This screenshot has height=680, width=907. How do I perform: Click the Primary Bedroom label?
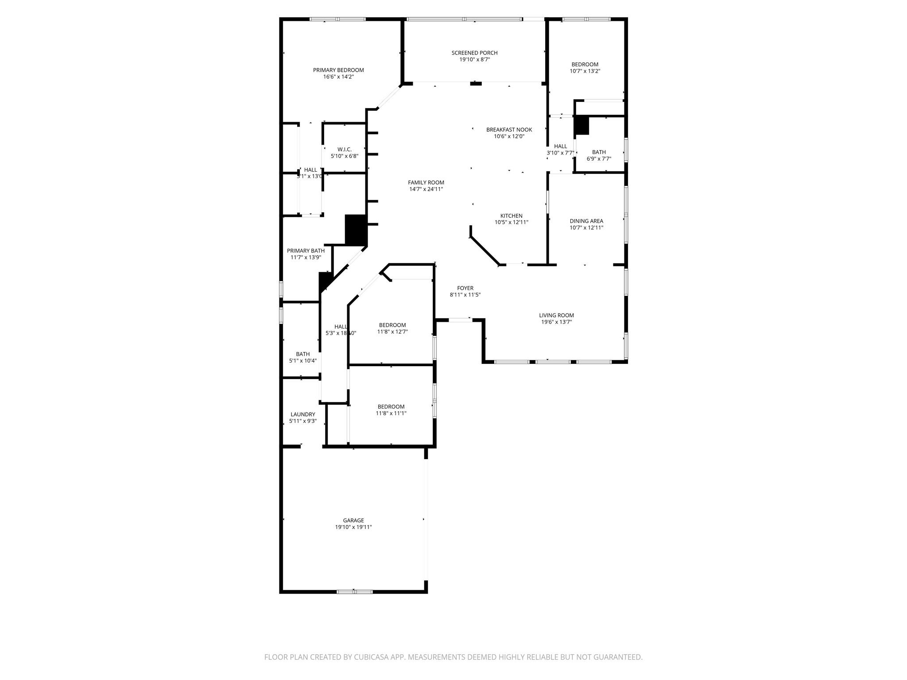click(x=338, y=70)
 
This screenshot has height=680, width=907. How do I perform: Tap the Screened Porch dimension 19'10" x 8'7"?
click(x=474, y=59)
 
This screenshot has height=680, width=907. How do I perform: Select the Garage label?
click(x=353, y=520)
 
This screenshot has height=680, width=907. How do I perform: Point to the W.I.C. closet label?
click(x=344, y=149)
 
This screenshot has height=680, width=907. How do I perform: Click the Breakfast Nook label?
click(x=509, y=130)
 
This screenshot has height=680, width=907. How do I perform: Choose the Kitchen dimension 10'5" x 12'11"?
click(x=511, y=223)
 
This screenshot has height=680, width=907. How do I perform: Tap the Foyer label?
click(x=465, y=288)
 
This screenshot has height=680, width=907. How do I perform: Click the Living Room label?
click(x=556, y=315)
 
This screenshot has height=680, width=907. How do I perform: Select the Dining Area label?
click(x=586, y=221)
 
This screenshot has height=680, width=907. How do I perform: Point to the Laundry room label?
click(x=302, y=414)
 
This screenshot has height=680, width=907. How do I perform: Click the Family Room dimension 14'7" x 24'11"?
click(x=426, y=189)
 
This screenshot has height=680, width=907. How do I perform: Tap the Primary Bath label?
click(x=306, y=251)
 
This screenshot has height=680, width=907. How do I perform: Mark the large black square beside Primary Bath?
click(x=356, y=229)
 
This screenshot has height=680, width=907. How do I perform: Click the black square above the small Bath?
click(x=581, y=125)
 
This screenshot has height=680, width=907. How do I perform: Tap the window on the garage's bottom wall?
click(x=354, y=591)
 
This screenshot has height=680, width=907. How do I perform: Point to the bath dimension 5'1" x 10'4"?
click(x=302, y=361)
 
